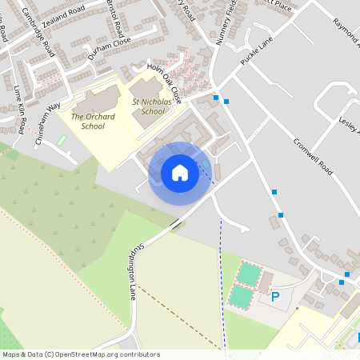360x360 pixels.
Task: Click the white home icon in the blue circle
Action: click(180, 173)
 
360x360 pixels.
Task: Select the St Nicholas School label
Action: click(153, 107)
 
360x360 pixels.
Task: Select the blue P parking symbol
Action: click(275, 297)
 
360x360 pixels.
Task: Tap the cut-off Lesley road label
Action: click(349, 126)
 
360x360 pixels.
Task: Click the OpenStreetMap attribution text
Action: click(81, 354)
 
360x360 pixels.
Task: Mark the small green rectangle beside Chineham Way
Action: click(62, 141)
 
